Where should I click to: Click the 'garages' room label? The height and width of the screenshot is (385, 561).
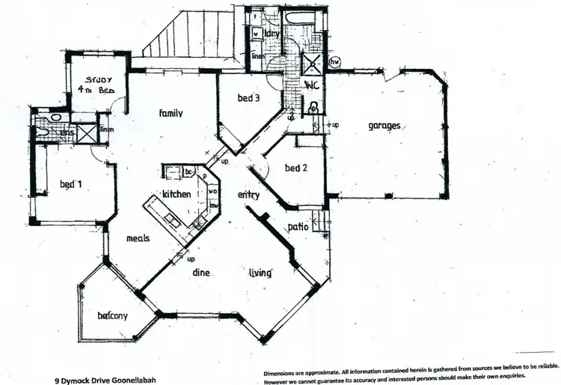[x=384, y=126]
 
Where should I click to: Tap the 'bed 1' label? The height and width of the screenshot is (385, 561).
[x=71, y=184]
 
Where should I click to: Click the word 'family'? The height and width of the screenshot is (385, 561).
[x=171, y=114]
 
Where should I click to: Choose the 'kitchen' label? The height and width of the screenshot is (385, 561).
[x=177, y=194]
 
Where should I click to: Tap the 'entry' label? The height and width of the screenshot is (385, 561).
[x=248, y=195]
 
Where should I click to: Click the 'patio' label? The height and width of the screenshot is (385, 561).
[x=298, y=227]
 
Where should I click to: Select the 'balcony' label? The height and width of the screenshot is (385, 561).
[x=113, y=315]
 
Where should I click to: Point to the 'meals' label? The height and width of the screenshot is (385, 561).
[x=138, y=238]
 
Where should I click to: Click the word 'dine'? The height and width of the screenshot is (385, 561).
[x=200, y=273]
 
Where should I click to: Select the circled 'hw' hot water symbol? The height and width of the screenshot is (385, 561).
[x=345, y=61]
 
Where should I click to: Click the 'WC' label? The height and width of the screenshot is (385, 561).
[x=311, y=85]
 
